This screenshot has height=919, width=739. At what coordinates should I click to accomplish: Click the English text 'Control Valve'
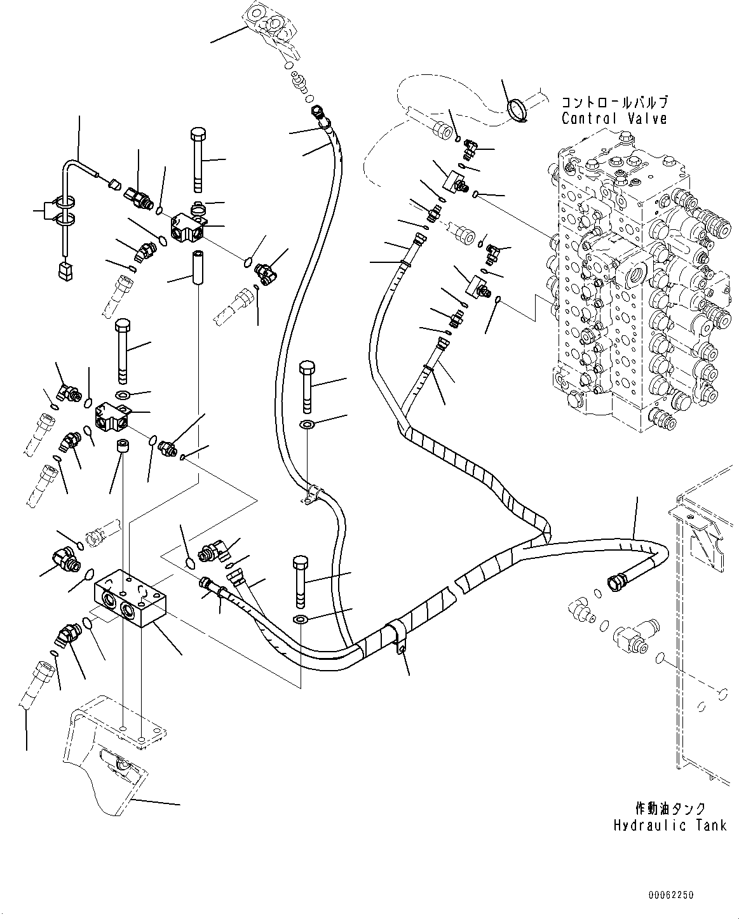(614, 118)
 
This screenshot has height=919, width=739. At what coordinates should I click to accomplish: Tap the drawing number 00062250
(671, 894)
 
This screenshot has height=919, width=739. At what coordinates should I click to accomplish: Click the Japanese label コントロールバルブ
(614, 102)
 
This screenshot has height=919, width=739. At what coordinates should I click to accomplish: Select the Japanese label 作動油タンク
(670, 808)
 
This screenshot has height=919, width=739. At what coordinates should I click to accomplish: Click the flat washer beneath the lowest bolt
(301, 619)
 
